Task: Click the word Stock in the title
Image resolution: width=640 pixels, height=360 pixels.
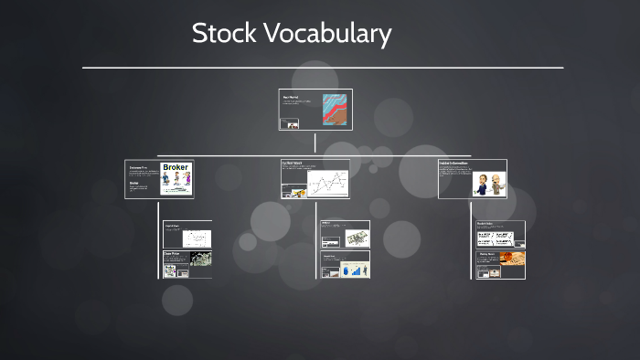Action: click(224, 35)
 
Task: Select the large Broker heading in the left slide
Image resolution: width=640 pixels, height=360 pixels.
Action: click(176, 168)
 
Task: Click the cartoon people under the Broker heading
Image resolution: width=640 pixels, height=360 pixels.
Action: click(176, 182)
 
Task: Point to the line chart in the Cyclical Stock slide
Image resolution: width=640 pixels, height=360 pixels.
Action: click(327, 185)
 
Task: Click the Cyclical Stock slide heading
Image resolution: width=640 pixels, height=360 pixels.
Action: click(293, 164)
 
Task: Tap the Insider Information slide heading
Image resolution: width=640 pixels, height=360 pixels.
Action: click(453, 164)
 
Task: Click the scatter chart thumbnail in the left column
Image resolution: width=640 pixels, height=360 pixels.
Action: click(197, 238)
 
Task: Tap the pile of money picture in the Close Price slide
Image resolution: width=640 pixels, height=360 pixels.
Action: click(200, 259)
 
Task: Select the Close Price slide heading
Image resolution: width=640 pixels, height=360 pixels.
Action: click(171, 253)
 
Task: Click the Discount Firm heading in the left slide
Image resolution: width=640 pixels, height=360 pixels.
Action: click(138, 168)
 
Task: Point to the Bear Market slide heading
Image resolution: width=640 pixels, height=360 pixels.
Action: click(291, 96)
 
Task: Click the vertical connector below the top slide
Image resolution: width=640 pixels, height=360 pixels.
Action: click(315, 142)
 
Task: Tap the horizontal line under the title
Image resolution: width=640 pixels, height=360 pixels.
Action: click(322, 67)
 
